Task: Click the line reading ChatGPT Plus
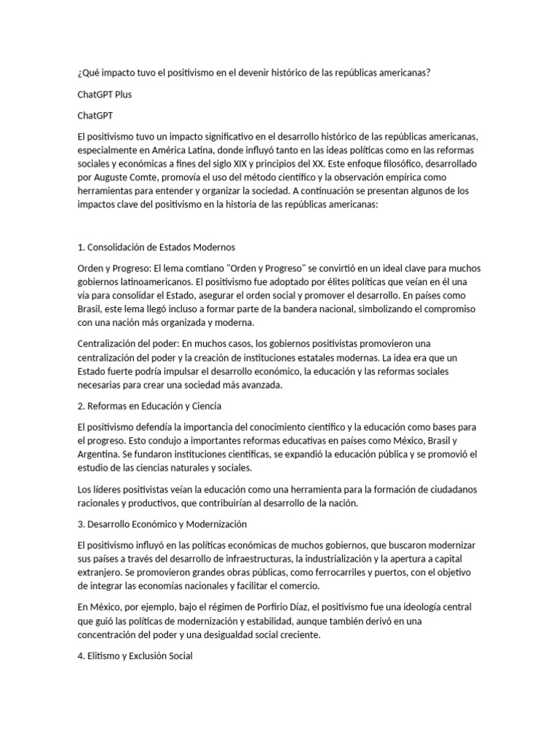point(104,95)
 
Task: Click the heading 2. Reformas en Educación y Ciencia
point(149,405)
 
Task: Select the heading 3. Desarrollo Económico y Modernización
point(162,524)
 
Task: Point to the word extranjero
point(101,573)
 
